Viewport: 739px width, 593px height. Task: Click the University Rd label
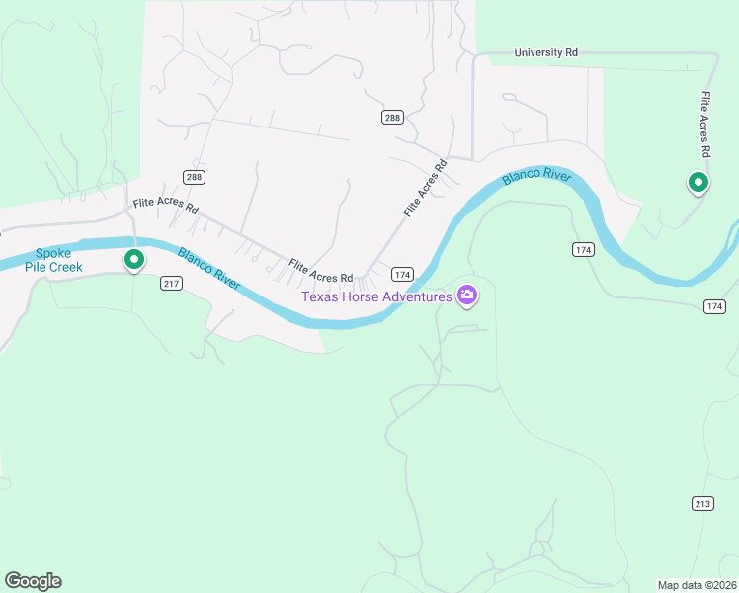click(x=545, y=52)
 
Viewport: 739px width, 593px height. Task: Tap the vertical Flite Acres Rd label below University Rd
click(x=705, y=126)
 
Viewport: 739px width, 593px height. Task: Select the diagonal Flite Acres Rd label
click(x=425, y=188)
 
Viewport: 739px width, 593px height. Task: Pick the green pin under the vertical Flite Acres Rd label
click(x=698, y=182)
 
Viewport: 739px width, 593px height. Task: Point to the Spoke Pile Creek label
click(x=53, y=260)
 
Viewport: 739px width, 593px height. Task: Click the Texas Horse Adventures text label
click(x=376, y=296)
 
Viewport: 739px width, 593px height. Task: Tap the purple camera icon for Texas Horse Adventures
click(x=467, y=295)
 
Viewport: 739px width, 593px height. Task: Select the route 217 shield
click(x=172, y=284)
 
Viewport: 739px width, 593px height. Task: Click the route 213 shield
click(x=702, y=504)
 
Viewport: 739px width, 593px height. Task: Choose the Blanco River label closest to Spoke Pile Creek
click(x=208, y=268)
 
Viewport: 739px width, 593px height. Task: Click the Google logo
click(x=33, y=581)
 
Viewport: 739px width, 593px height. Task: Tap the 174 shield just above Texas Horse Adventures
click(x=401, y=274)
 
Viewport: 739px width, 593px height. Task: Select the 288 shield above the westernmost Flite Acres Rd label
click(x=194, y=177)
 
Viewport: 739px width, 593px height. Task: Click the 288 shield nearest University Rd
click(x=392, y=118)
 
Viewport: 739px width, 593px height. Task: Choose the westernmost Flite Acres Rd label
click(x=166, y=209)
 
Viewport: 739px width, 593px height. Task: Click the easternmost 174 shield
click(x=715, y=307)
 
